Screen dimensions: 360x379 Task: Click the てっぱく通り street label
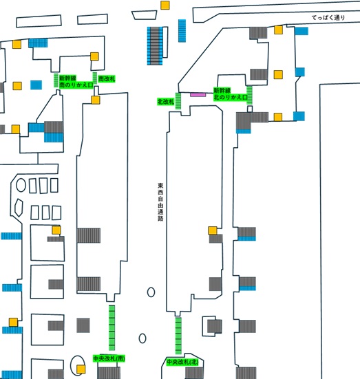[x=328, y=17]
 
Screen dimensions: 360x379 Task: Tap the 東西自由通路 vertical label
[x=160, y=202]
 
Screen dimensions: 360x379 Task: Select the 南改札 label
[x=107, y=79]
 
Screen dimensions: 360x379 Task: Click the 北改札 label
[x=166, y=102]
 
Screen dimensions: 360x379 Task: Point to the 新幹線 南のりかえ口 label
[x=76, y=81]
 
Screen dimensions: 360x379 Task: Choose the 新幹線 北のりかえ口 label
[x=231, y=94]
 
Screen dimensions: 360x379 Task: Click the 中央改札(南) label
[x=109, y=358]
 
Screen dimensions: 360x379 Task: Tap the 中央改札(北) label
[x=182, y=362]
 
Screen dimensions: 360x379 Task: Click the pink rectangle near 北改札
[x=198, y=95]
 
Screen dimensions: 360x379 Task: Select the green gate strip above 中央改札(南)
[x=112, y=327]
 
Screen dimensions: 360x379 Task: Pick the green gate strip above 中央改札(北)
[x=178, y=336]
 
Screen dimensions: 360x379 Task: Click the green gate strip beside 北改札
[x=178, y=101]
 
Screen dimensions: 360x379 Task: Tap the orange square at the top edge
[x=165, y=6]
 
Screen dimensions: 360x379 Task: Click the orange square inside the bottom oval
[x=81, y=369]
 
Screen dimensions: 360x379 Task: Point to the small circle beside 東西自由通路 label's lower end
[x=151, y=292]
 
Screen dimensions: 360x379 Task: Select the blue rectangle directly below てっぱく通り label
[x=301, y=31]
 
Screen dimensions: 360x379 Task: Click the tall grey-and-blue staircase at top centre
[x=155, y=45]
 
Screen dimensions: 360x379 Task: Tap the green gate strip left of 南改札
[x=95, y=78]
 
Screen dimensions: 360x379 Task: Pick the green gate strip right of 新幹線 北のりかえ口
[x=249, y=95]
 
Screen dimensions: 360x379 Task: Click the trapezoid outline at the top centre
[x=145, y=15]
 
